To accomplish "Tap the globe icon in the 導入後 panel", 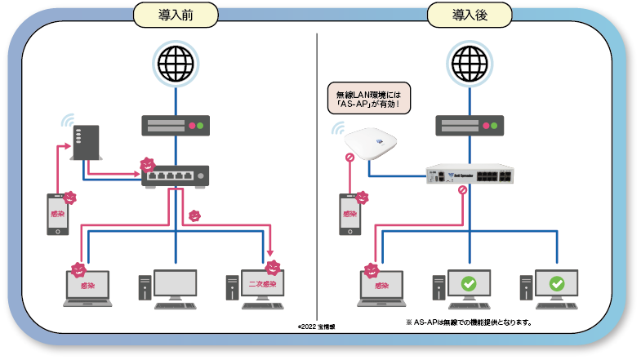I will tap(470, 63).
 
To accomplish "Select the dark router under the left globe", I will tap(175, 126).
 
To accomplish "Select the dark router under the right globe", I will tap(470, 126).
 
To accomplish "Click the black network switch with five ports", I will tap(175, 176).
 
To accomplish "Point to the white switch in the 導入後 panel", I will tap(470, 176).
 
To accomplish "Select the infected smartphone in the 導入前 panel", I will tap(57, 214).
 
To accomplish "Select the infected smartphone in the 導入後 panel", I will tap(350, 214).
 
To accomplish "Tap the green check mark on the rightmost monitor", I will tap(557, 284).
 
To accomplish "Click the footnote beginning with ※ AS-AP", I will tap(470, 322).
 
